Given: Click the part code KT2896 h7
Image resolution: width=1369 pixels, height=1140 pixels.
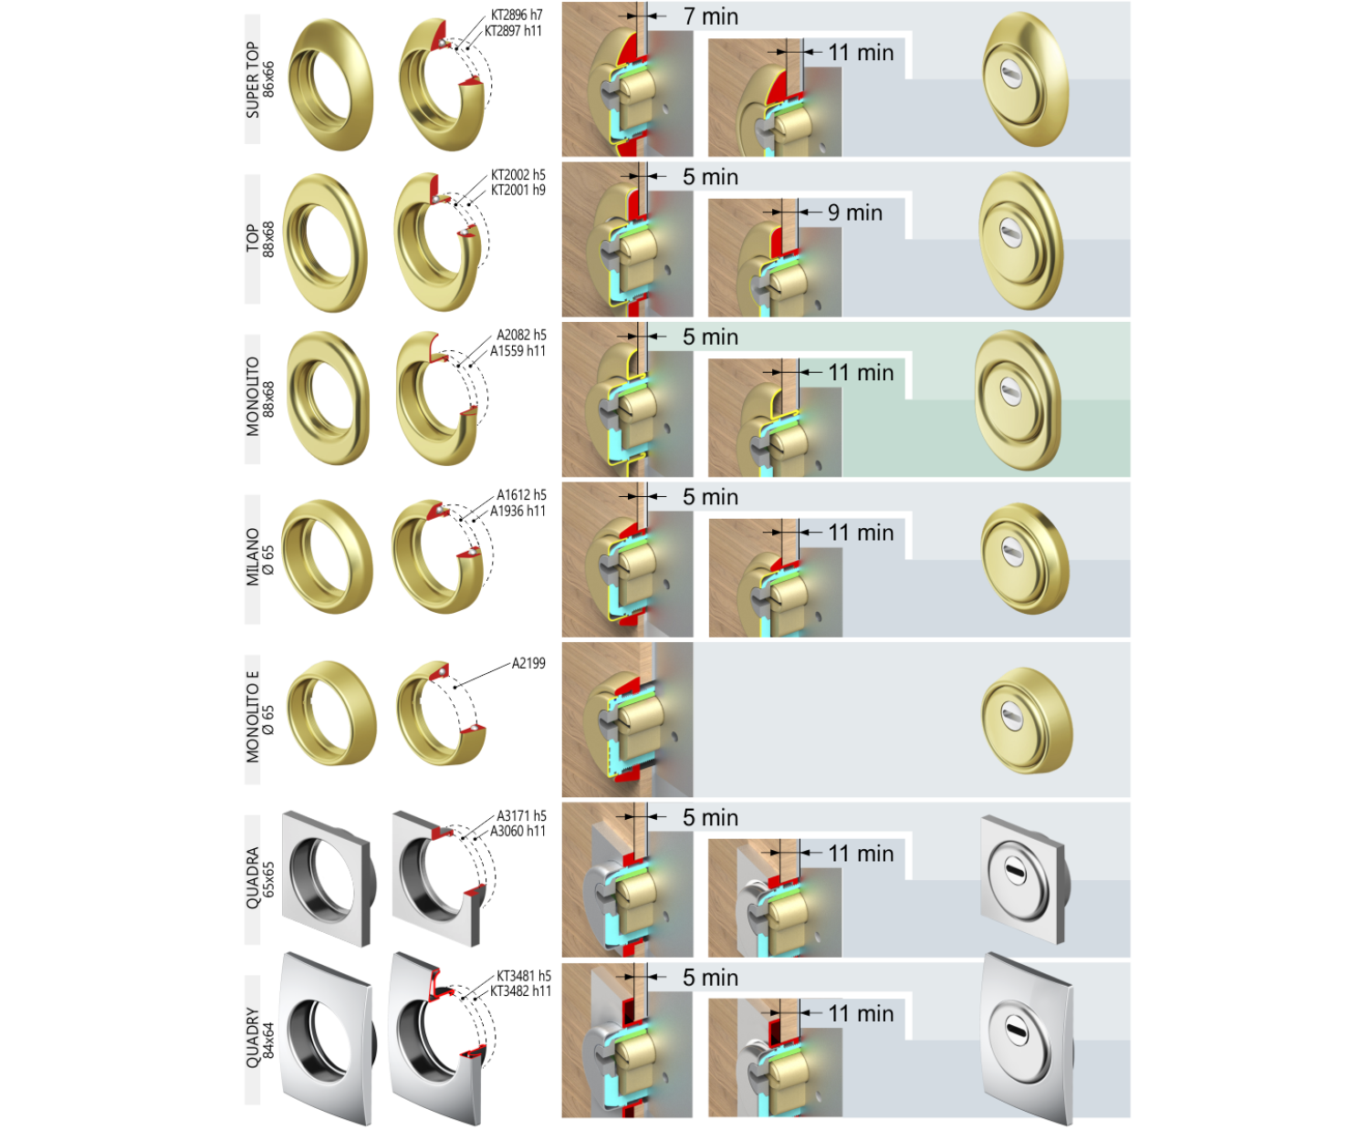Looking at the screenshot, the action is [x=517, y=15].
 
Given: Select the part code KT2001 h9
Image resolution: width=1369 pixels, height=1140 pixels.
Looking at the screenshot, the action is [x=518, y=190].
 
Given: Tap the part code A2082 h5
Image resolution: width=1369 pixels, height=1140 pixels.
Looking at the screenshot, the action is [x=521, y=335].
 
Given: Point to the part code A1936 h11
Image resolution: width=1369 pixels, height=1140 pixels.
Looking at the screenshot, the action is [x=518, y=511].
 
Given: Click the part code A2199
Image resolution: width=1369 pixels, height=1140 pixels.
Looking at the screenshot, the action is [x=528, y=663].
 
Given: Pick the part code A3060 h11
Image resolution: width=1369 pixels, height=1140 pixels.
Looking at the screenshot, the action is [x=518, y=831].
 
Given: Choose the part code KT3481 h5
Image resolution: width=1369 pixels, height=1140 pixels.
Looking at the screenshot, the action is [x=524, y=976].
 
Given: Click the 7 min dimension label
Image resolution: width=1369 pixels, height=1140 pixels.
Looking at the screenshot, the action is [x=711, y=16].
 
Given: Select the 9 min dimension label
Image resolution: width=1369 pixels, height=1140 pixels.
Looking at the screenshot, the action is [x=855, y=212].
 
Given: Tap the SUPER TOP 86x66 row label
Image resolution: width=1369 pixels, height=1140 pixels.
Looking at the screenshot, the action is [x=260, y=80].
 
